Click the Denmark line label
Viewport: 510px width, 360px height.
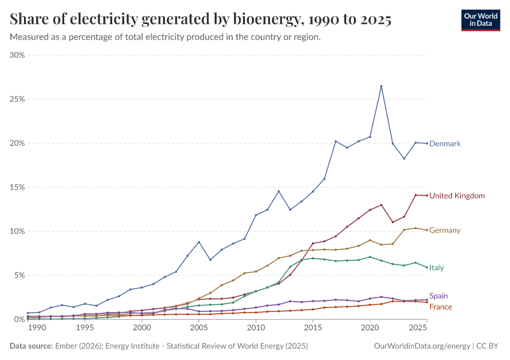pyautogui.click(x=445, y=144)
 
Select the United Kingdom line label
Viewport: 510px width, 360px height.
pyautogui.click(x=457, y=196)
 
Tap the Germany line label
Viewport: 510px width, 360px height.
pyautogui.click(x=445, y=230)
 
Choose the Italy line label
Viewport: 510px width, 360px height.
pyautogui.click(x=436, y=268)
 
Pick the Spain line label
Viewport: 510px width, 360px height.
pyautogui.click(x=438, y=296)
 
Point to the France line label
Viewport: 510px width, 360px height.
pyautogui.click(x=440, y=307)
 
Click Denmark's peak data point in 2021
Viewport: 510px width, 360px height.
pyautogui.click(x=381, y=86)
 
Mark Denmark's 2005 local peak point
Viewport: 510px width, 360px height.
pyautogui.click(x=199, y=242)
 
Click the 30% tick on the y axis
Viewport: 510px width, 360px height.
pyautogui.click(x=17, y=55)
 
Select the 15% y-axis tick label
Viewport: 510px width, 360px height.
pyautogui.click(x=17, y=187)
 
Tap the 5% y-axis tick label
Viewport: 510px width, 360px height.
pyautogui.click(x=19, y=275)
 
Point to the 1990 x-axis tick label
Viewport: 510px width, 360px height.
pyautogui.click(x=37, y=328)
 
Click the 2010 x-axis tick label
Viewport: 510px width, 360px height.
pyautogui.click(x=256, y=328)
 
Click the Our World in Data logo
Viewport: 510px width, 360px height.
pyautogui.click(x=481, y=20)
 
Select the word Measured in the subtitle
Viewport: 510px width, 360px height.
pyautogui.click(x=29, y=37)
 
